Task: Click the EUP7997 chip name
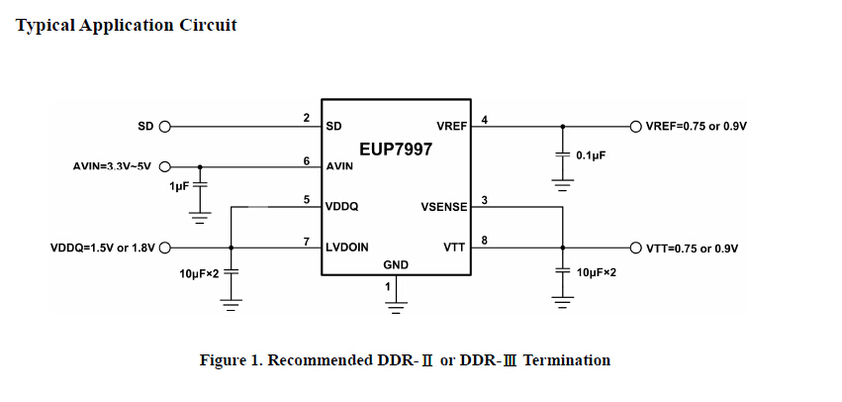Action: click(x=395, y=150)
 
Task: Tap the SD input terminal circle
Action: click(x=164, y=127)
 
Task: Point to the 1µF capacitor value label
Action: click(x=179, y=186)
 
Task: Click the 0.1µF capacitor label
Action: click(x=591, y=156)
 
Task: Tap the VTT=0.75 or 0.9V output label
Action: click(x=693, y=249)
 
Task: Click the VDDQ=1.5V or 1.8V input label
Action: click(x=103, y=249)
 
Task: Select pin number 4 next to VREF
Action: click(x=484, y=120)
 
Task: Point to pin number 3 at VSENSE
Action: click(x=484, y=200)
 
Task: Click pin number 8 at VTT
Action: click(x=484, y=241)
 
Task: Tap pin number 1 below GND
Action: click(x=387, y=286)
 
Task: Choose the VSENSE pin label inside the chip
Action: click(x=444, y=207)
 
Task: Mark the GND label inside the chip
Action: click(x=396, y=265)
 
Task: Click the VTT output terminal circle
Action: click(x=634, y=248)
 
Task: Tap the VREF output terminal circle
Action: click(x=634, y=127)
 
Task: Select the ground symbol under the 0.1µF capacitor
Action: click(x=562, y=184)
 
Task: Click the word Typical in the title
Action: click(x=47, y=25)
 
